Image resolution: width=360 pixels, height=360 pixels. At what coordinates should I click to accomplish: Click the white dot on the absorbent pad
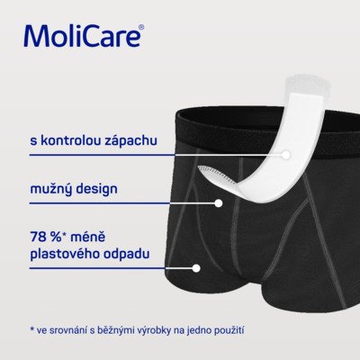287,154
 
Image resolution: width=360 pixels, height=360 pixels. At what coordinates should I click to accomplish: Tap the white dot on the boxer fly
219,202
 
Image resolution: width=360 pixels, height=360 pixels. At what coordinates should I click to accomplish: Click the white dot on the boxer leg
195,267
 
